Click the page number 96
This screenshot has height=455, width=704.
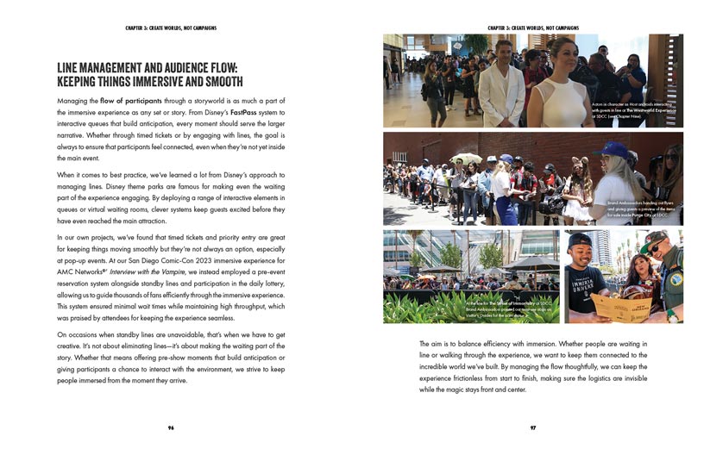tap(170, 426)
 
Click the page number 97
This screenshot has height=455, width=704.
tap(533, 426)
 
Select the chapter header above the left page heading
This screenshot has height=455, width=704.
tap(170, 28)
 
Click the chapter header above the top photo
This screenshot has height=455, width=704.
tap(533, 28)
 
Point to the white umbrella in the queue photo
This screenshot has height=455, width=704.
tap(468, 159)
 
